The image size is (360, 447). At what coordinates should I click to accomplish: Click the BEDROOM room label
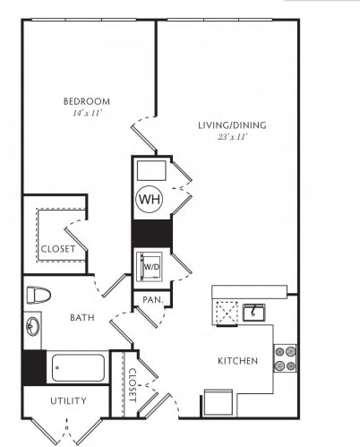click(87, 101)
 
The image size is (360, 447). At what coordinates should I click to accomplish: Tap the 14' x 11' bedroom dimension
click(87, 114)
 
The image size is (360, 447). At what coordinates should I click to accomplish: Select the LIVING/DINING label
click(232, 125)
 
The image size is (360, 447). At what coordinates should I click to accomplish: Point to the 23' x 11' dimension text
click(233, 137)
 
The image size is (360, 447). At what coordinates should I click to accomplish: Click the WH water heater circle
click(150, 199)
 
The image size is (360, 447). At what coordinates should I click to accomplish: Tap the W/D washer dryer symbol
click(150, 267)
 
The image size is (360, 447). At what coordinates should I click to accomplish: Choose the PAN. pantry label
click(153, 299)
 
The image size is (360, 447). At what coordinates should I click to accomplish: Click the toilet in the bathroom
click(39, 295)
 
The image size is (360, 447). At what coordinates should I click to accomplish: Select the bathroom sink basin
click(32, 326)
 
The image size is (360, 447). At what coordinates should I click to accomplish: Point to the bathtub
click(78, 367)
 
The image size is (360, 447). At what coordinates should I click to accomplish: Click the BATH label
click(82, 318)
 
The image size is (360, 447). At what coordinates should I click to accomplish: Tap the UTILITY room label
click(68, 400)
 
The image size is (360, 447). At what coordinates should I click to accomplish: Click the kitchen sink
click(254, 313)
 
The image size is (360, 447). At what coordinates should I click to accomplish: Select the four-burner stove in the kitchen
click(285, 358)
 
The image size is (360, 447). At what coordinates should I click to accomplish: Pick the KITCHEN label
click(237, 361)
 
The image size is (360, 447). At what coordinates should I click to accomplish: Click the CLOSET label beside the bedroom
click(58, 249)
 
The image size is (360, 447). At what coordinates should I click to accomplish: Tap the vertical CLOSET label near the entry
click(133, 385)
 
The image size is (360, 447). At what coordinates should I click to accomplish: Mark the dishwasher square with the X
click(227, 314)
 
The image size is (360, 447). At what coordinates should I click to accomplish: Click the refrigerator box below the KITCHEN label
click(219, 402)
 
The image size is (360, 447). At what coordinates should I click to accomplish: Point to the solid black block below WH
click(152, 234)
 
